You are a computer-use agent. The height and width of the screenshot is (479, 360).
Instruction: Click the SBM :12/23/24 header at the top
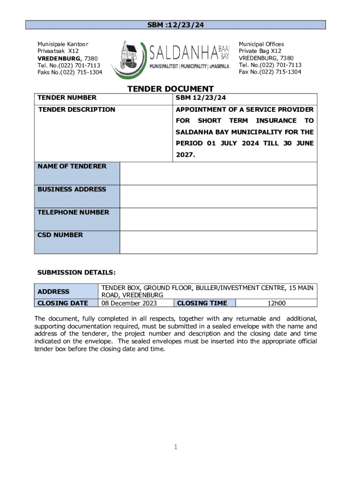pyautogui.click(x=175, y=25)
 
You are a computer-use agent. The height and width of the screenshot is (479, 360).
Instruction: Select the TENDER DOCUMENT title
pyautogui.click(x=171, y=89)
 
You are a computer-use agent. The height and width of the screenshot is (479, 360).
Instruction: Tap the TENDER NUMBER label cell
pyautogui.click(x=67, y=98)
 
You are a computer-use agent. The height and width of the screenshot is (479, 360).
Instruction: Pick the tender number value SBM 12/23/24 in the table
pyautogui.click(x=201, y=98)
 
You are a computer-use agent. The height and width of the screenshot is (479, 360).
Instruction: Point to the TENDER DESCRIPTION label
pyautogui.click(x=76, y=109)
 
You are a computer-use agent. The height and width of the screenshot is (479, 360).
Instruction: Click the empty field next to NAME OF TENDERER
pyautogui.click(x=218, y=173)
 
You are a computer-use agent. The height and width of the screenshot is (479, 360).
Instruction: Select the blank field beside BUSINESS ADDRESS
pyautogui.click(x=218, y=196)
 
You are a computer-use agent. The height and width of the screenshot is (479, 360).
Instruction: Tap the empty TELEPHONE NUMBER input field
pyautogui.click(x=218, y=219)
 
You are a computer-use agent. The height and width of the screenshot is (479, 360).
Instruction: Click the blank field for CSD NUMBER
pyautogui.click(x=218, y=242)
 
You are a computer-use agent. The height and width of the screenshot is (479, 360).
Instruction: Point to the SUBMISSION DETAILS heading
pyautogui.click(x=76, y=272)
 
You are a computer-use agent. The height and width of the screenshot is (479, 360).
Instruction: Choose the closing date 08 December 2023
pyautogui.click(x=129, y=303)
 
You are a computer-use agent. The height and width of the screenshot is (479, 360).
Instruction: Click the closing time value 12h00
pyautogui.click(x=276, y=303)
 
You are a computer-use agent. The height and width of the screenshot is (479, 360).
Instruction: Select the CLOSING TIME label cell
pyautogui.click(x=202, y=303)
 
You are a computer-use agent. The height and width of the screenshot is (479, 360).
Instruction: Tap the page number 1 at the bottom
pyautogui.click(x=175, y=447)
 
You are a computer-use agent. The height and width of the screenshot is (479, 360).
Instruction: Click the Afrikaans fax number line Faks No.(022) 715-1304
pyautogui.click(x=70, y=72)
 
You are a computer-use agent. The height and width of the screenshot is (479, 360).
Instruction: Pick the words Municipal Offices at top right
pyautogui.click(x=261, y=44)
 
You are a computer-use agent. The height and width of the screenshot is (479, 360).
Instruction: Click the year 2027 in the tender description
pyautogui.click(x=184, y=154)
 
